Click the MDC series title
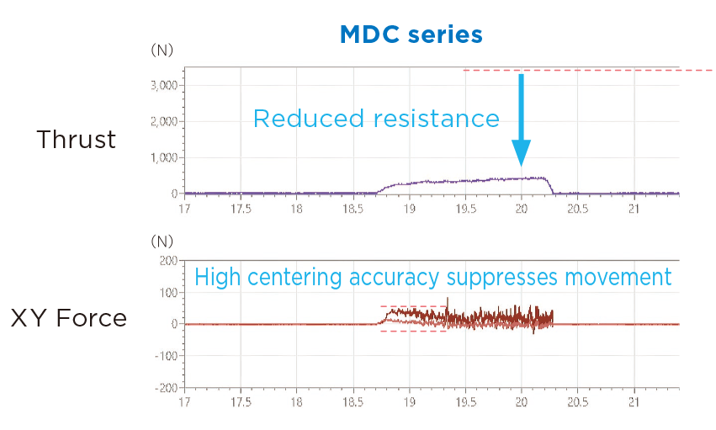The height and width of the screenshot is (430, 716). point(411,35)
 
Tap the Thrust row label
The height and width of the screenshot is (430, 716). point(76,140)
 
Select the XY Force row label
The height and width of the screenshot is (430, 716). point(68,318)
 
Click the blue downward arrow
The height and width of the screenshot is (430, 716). point(521,119)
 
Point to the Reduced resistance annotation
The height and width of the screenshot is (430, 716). point(376,119)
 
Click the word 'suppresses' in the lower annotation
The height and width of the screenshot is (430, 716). point(501,276)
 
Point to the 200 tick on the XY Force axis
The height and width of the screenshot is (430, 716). point(166,261)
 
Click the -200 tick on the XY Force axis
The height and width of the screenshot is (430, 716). point(164,387)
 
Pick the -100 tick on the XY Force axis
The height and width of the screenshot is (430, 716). point(164,356)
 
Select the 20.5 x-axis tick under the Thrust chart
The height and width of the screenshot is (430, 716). point(577,209)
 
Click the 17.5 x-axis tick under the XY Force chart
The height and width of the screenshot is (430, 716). point(241,402)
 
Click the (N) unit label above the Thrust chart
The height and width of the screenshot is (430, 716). point(162,50)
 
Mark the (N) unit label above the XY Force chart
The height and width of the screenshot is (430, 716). point(162,242)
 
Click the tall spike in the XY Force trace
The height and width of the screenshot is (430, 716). point(448,301)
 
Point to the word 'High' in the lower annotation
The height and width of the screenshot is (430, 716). point(216,276)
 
